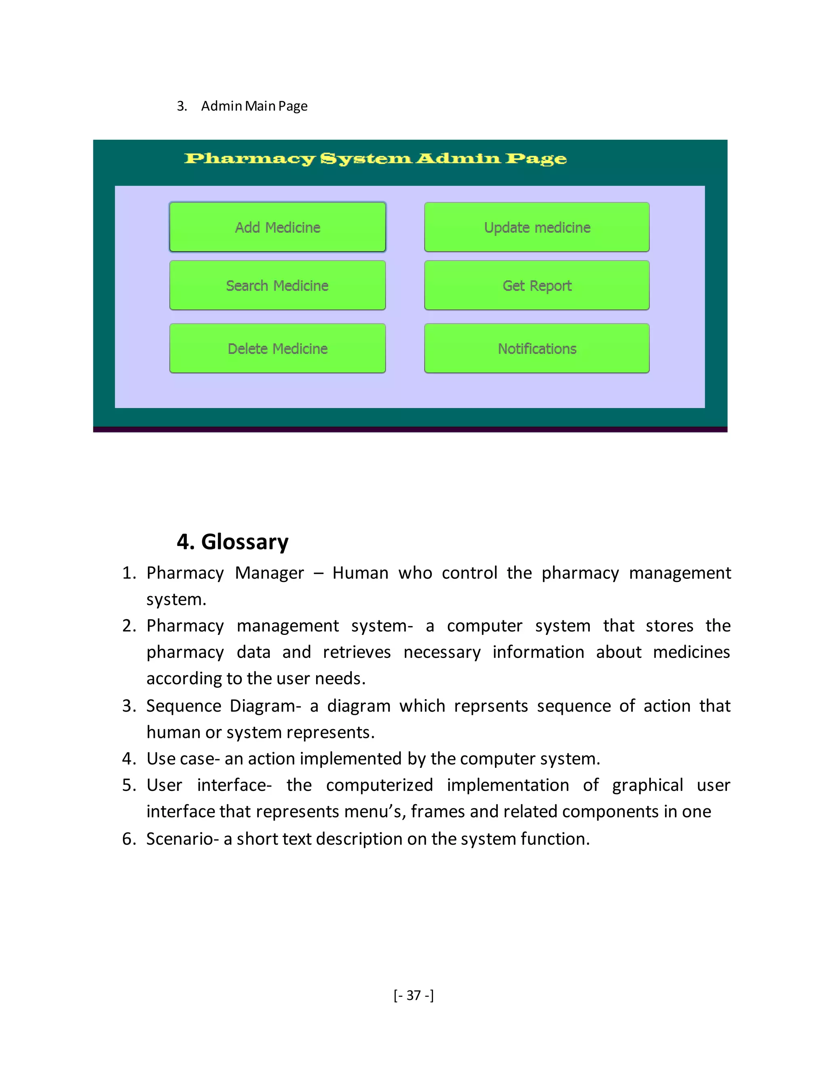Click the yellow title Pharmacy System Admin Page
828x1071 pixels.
pos(375,158)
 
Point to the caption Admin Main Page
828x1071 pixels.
pos(254,106)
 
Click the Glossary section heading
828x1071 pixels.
pos(232,542)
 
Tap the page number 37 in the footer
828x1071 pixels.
pos(414,995)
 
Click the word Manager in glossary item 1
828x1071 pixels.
pos(269,573)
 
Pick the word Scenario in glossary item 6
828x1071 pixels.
pos(180,839)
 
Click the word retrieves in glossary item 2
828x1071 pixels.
pos(357,652)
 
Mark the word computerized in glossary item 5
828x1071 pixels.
pos(379,785)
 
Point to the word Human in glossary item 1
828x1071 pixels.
pos(360,573)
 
